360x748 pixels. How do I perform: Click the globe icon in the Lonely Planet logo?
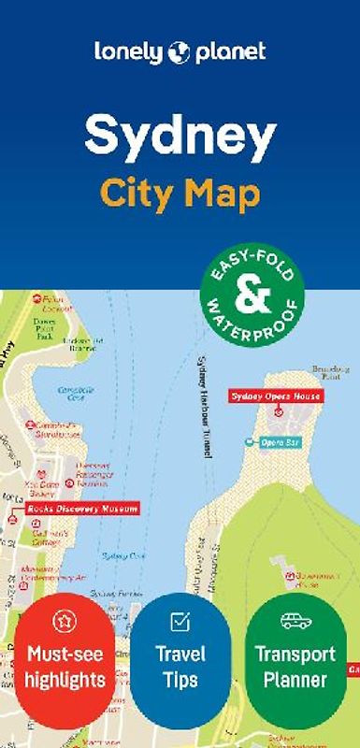(179, 53)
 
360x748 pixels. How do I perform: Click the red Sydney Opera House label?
(276, 396)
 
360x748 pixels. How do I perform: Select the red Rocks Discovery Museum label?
(82, 509)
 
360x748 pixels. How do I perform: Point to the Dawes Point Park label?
(43, 328)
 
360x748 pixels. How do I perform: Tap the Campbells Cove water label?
(71, 394)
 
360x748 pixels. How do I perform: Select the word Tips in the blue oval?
(180, 678)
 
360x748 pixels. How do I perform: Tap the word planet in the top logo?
(230, 52)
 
